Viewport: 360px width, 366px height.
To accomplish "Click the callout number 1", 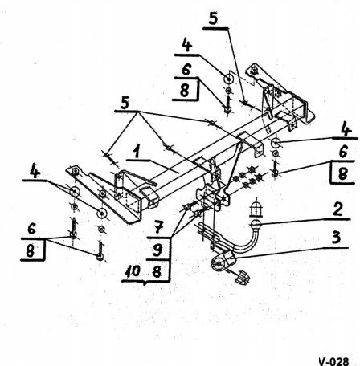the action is [137, 152].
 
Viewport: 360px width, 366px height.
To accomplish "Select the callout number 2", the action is [337, 209].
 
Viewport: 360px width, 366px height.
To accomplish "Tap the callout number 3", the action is [336, 238].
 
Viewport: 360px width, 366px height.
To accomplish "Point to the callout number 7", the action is [158, 228].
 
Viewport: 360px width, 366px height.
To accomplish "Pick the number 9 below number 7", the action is [157, 250].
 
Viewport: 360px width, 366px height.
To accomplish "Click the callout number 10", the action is [133, 271].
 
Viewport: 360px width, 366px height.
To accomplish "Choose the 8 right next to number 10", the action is [157, 271].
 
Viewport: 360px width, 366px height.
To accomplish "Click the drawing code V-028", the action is [333, 361].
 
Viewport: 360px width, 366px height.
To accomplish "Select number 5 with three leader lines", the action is [125, 103].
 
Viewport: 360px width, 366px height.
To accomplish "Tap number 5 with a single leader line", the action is [214, 18].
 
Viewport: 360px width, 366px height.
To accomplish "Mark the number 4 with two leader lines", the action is [35, 171].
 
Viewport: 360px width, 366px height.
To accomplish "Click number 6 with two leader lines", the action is [32, 230].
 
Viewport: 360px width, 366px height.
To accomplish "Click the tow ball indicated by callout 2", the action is [256, 224].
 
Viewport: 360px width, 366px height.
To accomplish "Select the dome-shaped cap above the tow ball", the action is [256, 209].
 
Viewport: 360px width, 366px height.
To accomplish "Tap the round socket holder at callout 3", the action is [219, 264].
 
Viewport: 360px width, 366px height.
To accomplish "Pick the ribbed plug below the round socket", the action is [243, 278].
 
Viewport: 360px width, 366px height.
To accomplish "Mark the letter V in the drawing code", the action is [322, 361].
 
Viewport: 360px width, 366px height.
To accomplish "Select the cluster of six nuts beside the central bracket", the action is [247, 177].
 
